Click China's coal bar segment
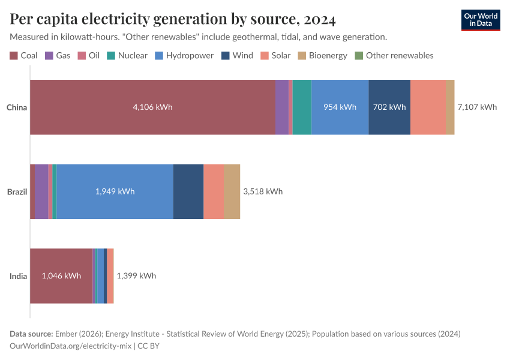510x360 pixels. (x=152, y=107)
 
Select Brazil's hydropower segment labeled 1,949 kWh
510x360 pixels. (x=115, y=191)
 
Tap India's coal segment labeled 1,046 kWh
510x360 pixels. (x=61, y=276)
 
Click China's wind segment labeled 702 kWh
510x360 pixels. (x=389, y=107)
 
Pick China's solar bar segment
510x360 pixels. (x=428, y=107)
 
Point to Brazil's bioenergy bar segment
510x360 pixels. (x=232, y=191)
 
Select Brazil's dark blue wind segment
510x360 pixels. (x=188, y=191)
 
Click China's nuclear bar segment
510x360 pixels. (x=302, y=107)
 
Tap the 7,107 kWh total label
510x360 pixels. (x=477, y=107)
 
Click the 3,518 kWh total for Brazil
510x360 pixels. (x=262, y=191)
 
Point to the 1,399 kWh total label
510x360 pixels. (x=136, y=276)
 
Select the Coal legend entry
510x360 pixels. (x=24, y=55)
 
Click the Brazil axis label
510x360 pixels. (x=17, y=191)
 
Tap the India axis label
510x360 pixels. (x=18, y=276)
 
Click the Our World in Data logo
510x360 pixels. (x=481, y=20)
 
